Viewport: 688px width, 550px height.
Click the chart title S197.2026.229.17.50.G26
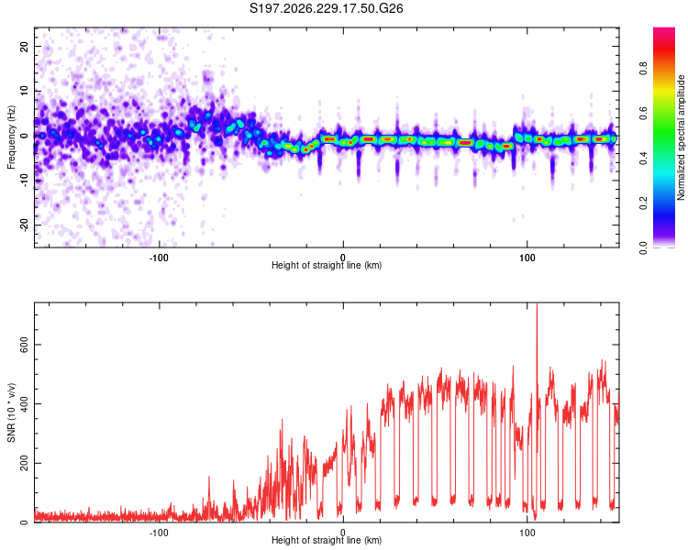326,8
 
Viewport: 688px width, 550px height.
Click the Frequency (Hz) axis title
11,137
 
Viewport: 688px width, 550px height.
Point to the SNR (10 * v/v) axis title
11,412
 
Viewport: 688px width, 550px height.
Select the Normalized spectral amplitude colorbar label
681,137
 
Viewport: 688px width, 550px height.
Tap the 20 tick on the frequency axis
25,46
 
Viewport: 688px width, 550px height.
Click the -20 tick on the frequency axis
25,225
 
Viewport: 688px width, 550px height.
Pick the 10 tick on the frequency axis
25,91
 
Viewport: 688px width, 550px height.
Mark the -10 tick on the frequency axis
25,181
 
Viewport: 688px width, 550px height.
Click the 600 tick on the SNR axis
25,345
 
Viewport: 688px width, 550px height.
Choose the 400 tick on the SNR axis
25,404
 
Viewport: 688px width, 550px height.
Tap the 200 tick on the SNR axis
25,463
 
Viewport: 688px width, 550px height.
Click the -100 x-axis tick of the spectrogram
159,258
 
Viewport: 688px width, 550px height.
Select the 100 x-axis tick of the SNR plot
527,533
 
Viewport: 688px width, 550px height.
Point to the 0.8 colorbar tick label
643,69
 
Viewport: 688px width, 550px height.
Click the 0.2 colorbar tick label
643,203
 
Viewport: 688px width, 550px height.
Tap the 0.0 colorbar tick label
643,248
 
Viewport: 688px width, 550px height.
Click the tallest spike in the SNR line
537,304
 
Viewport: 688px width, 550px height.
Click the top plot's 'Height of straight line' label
327,265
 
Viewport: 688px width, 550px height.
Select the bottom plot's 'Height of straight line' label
327,540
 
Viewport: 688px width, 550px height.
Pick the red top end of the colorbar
664,29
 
